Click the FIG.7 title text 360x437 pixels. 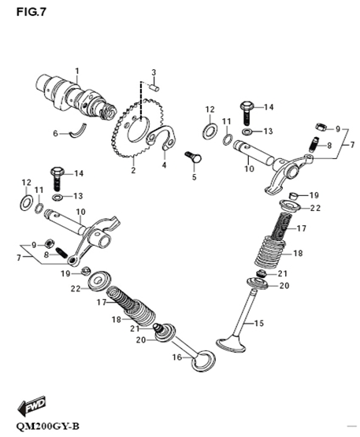click(32, 12)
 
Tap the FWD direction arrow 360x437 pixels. click(32, 405)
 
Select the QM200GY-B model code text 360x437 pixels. click(48, 426)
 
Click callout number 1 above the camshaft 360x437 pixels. click(77, 71)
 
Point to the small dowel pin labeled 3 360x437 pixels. click(155, 87)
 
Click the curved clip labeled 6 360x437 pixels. click(79, 130)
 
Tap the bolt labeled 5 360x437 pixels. click(193, 157)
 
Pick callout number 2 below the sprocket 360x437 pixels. click(133, 170)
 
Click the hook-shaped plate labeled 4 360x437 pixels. click(162, 137)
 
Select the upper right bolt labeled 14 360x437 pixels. click(247, 113)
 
